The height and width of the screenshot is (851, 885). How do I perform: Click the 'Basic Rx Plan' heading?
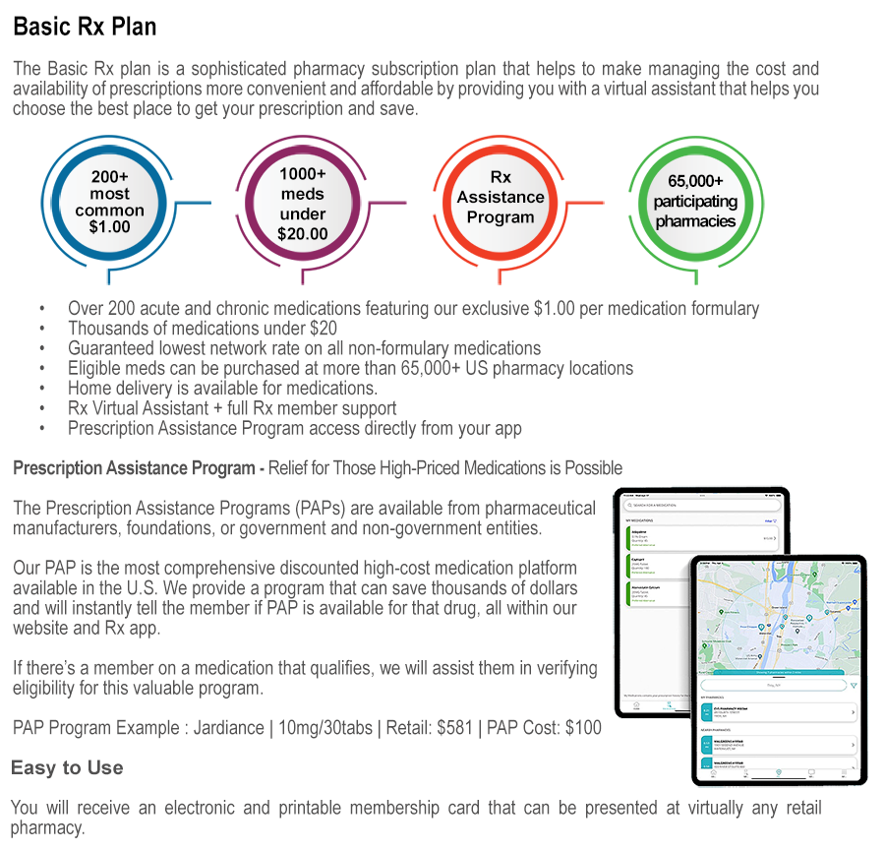[85, 27]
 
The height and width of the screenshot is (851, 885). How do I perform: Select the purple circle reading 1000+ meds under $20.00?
[303, 203]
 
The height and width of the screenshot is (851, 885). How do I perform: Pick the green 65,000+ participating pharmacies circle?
[695, 201]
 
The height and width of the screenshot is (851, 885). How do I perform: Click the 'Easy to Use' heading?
[67, 767]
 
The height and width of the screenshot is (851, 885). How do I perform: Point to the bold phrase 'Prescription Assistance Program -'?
[139, 467]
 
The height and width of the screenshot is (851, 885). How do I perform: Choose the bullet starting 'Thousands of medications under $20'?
[203, 329]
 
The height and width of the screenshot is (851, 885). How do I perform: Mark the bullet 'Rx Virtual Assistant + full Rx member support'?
[232, 407]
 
